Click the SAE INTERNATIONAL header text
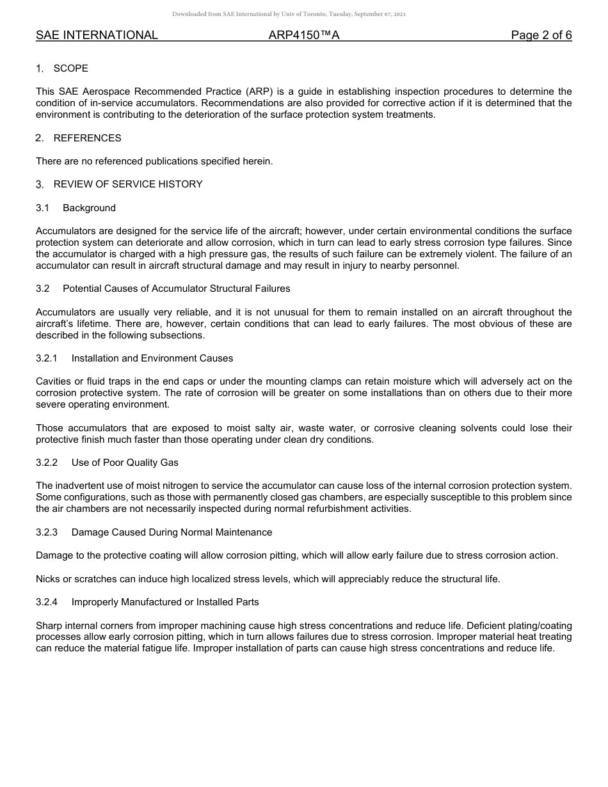pyautogui.click(x=97, y=35)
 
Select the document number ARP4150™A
pyautogui.click(x=304, y=35)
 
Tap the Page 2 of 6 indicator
pyautogui.click(x=541, y=35)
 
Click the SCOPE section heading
pyautogui.click(x=70, y=68)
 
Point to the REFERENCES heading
pyautogui.click(x=87, y=138)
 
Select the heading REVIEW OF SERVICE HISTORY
pyautogui.click(x=128, y=184)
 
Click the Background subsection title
pyautogui.click(x=89, y=208)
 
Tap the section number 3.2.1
pyautogui.click(x=47, y=358)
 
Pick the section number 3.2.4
pyautogui.click(x=47, y=602)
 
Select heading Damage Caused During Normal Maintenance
pyautogui.click(x=172, y=532)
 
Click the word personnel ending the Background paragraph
pyautogui.click(x=436, y=266)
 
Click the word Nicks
pyautogui.click(x=48, y=579)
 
